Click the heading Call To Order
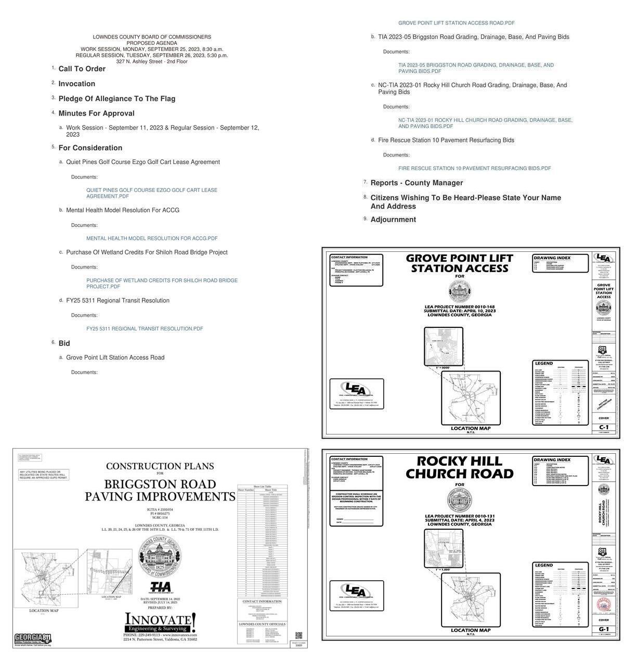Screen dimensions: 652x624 [82, 69]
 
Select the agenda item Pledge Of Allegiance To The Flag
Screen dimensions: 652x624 [116, 98]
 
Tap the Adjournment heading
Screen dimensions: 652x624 [393, 220]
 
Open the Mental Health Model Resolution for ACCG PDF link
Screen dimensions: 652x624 [152, 238]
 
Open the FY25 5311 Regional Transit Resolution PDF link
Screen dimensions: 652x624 [145, 329]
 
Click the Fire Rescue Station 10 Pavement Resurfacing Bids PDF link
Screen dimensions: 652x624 [474, 169]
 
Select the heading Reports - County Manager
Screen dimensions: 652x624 [416, 183]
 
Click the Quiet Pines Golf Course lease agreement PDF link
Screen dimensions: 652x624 [151, 193]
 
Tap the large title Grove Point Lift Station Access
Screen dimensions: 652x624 [459, 263]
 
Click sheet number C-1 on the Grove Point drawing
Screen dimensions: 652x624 [603, 427]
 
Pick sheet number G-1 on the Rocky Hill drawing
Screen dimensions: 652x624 [603, 629]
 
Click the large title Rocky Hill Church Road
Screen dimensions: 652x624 [459, 467]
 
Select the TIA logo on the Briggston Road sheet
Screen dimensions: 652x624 [160, 587]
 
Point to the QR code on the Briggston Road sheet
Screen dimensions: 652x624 [298, 635]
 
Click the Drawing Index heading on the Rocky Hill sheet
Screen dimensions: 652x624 [552, 460]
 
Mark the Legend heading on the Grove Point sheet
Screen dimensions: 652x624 [544, 363]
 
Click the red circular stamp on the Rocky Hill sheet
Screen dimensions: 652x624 [603, 605]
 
